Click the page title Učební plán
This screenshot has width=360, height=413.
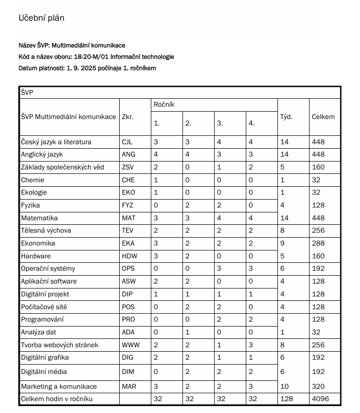click(42, 18)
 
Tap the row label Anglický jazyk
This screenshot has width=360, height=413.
click(42, 155)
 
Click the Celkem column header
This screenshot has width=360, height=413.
click(323, 117)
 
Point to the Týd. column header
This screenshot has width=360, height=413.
click(286, 117)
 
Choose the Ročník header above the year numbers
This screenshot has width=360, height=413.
click(164, 105)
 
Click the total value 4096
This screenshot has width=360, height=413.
click(320, 399)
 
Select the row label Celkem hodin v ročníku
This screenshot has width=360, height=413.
click(57, 399)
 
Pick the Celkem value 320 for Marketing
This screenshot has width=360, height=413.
click(318, 386)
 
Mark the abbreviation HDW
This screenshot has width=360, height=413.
click(129, 256)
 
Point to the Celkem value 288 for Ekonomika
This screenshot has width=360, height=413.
click(318, 244)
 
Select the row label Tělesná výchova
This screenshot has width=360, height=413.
click(46, 231)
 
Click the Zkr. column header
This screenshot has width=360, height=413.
click(128, 117)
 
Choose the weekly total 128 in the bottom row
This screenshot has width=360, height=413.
click(286, 399)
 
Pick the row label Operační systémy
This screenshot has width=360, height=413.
click(48, 269)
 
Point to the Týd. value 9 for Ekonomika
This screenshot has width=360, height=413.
click(282, 244)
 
